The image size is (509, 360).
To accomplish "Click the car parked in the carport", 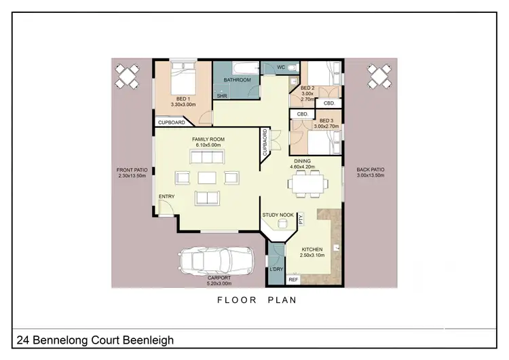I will [x=215, y=261].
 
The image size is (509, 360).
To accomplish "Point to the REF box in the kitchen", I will [x=293, y=279].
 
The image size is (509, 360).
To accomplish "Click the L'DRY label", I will [x=276, y=270].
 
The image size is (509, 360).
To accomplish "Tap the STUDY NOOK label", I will [x=278, y=215].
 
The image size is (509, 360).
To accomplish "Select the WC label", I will [x=281, y=67].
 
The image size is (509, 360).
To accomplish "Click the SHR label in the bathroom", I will [x=221, y=96].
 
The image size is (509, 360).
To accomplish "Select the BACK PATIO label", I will [x=371, y=172].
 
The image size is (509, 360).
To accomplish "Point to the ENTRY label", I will [x=166, y=197].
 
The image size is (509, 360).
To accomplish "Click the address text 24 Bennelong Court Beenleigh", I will [x=94, y=340].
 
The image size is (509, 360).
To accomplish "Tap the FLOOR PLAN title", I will [x=256, y=300].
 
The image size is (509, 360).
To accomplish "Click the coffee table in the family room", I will [x=208, y=178].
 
